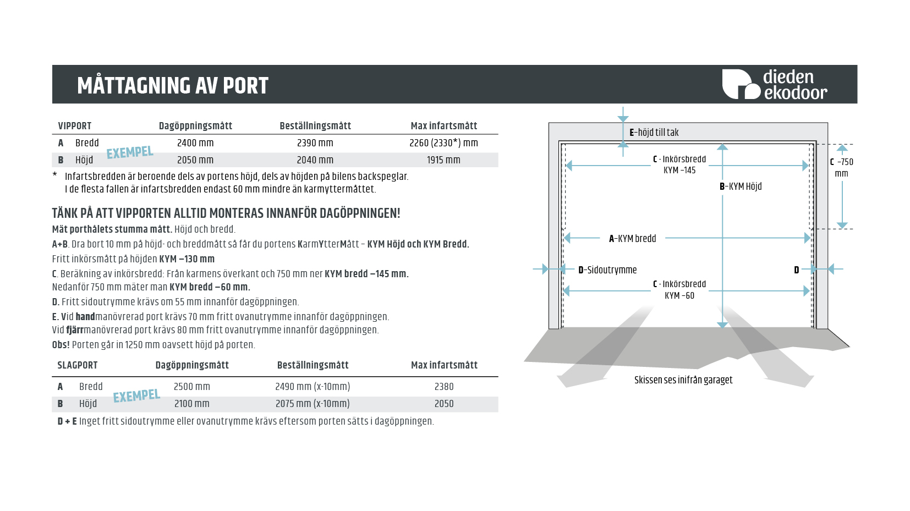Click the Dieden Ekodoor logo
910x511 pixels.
click(x=774, y=84)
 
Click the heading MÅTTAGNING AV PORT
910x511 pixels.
click(x=173, y=86)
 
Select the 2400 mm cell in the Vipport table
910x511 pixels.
click(x=195, y=143)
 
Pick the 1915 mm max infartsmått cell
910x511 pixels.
click(x=443, y=160)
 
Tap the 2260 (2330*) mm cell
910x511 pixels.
click(x=443, y=143)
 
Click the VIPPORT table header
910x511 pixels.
click(x=75, y=126)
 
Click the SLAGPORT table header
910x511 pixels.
click(x=78, y=365)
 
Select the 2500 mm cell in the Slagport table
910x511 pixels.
click(x=191, y=387)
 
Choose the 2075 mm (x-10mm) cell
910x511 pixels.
click(x=313, y=404)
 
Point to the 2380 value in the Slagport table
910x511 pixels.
click(x=444, y=387)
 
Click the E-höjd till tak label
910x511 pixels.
click(x=654, y=133)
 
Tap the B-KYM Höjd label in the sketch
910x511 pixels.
click(x=741, y=186)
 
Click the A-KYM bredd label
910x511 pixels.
click(x=632, y=239)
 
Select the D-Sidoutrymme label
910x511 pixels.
click(x=607, y=270)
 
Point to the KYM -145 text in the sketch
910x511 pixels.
click(x=679, y=171)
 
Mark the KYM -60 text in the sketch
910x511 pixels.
click(x=679, y=296)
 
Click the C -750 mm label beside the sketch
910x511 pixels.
click(x=842, y=167)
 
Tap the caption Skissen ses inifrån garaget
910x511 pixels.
click(x=683, y=380)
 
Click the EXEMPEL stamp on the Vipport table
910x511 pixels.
click(x=130, y=152)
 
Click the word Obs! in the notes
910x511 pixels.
click(x=61, y=345)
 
